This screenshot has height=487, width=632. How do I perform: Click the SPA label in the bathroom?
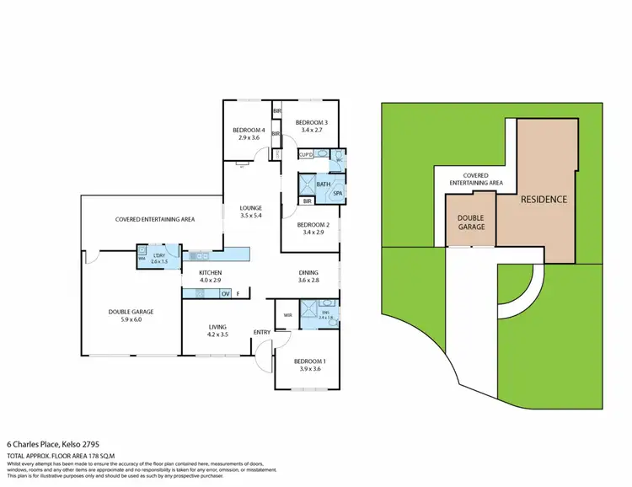(338, 193)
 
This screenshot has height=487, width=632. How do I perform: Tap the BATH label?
(323, 184)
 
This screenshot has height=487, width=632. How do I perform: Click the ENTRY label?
(262, 332)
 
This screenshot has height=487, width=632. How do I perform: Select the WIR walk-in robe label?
(287, 315)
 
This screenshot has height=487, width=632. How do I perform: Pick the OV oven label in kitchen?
(225, 293)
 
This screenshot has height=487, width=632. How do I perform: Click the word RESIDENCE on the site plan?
(543, 200)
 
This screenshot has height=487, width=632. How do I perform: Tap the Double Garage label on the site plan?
(470, 222)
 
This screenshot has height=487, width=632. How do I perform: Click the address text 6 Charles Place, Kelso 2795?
(56, 444)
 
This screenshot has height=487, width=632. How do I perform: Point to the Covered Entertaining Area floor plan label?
(155, 219)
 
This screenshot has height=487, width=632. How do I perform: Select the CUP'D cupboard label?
(307, 154)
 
